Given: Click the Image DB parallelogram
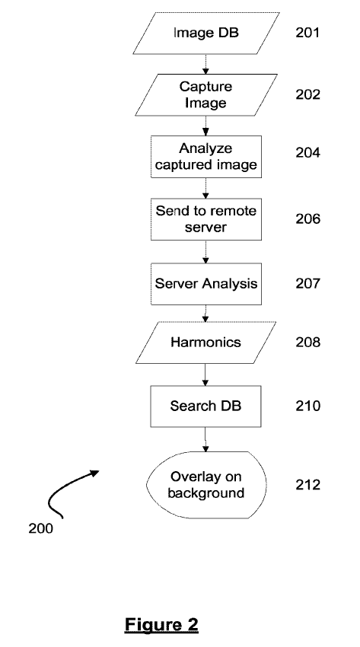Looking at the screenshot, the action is click(205, 33).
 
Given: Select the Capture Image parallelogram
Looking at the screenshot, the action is click(205, 95).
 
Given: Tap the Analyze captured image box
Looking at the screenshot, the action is click(205, 157).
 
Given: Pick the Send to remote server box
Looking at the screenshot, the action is click(205, 219).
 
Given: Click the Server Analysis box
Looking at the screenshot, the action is click(205, 284).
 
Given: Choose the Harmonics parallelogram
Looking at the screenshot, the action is click(205, 343).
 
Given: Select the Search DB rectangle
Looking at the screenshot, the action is click(205, 406).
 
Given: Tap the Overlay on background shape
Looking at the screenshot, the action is click(206, 485).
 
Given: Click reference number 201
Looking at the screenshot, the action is click(307, 33).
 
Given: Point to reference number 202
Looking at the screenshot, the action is click(307, 94).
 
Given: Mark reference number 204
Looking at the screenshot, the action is click(307, 153).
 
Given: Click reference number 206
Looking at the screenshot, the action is click(307, 218).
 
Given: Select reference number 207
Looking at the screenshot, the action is click(307, 283).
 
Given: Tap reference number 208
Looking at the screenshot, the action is click(307, 342).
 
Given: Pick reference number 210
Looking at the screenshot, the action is click(307, 406).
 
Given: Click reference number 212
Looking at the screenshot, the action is click(307, 484).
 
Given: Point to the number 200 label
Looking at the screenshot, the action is click(41, 528).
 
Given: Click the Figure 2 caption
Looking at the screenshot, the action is click(161, 625).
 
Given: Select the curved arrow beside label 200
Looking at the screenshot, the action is click(62, 487).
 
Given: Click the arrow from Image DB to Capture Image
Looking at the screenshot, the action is click(205, 65).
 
